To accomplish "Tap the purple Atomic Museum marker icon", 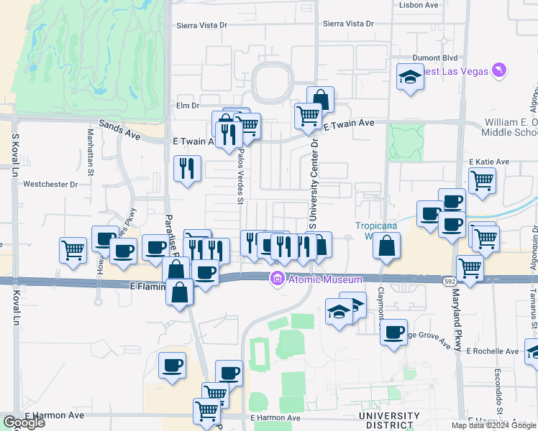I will [x=275, y=279].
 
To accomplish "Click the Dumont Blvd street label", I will [x=435, y=58].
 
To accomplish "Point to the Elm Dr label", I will [x=186, y=105].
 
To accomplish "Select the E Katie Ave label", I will [x=488, y=162].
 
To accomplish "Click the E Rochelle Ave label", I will [x=492, y=352].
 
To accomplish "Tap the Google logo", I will [x=24, y=422].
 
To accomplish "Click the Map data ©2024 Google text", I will [x=493, y=425].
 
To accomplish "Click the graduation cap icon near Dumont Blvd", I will [x=411, y=75].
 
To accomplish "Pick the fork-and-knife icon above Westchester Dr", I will [x=187, y=168].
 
